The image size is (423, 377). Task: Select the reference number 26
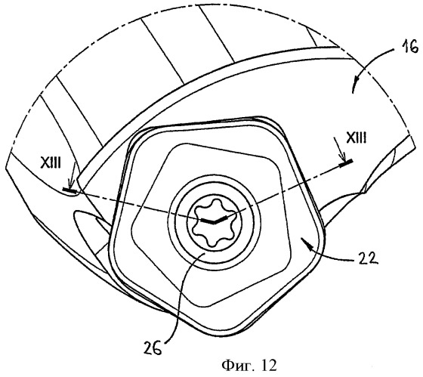coord(153,348)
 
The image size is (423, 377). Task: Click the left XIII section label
coord(51,163)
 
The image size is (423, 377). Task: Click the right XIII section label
coord(356,138)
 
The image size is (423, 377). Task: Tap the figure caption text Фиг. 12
coord(249,366)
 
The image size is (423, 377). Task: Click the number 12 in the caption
coord(269,366)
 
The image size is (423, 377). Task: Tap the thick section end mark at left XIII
coord(69,190)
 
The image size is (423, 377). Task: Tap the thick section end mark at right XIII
coord(346,163)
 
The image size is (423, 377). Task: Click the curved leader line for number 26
coord(181,297)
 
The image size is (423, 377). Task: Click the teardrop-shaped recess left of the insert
coord(89,221)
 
